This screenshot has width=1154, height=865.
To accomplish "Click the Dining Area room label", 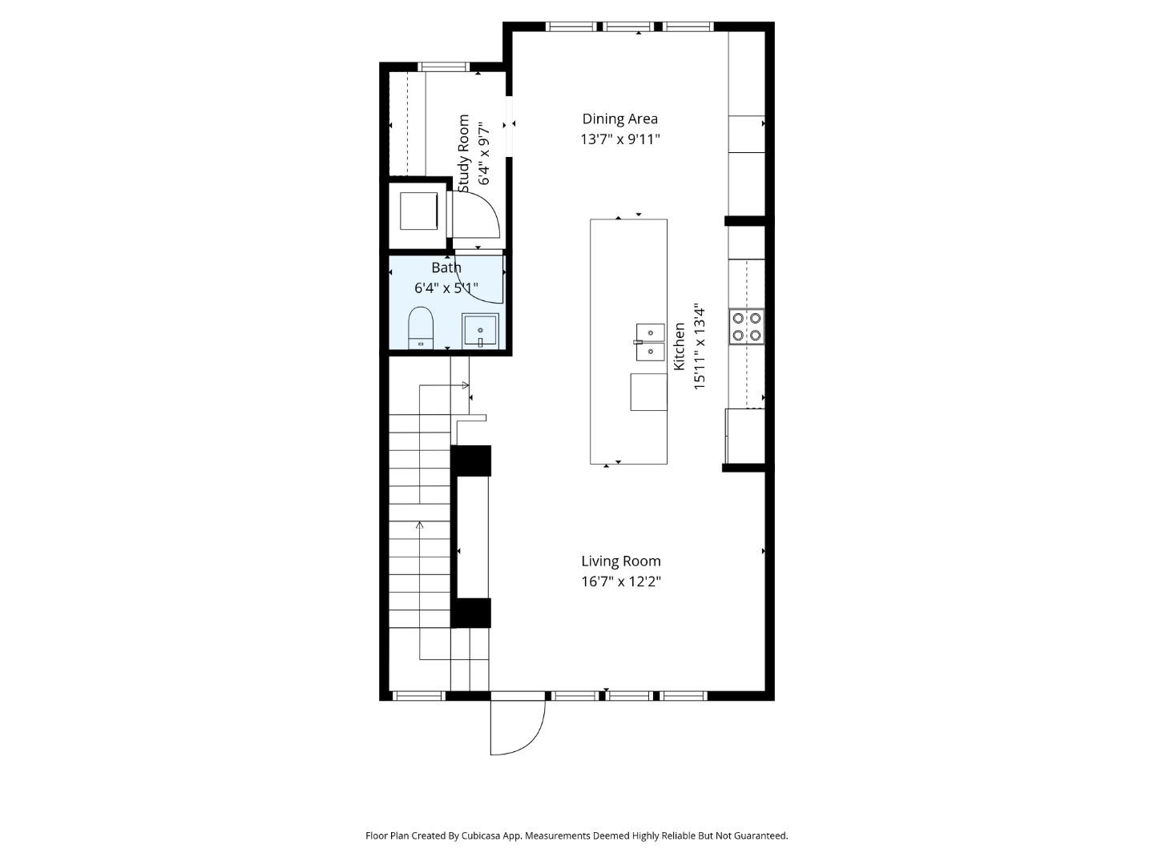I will (619, 119).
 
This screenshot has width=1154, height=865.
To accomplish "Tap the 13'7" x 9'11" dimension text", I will (619, 139).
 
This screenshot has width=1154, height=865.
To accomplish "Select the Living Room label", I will (620, 561).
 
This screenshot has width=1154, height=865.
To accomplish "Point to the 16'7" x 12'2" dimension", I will (620, 581).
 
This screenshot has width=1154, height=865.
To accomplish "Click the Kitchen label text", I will (679, 346).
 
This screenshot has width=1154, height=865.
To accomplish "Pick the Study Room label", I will (464, 153).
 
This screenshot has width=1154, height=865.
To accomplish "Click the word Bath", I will (446, 268).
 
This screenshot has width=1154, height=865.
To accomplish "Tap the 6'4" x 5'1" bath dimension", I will (446, 288).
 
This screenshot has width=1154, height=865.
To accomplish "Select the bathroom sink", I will (480, 330).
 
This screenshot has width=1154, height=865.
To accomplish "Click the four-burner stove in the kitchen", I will (746, 327).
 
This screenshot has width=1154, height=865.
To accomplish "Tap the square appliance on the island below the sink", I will (648, 392).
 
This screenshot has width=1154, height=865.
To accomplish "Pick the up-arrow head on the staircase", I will (420, 525).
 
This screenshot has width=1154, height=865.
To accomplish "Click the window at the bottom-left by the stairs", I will (419, 695).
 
